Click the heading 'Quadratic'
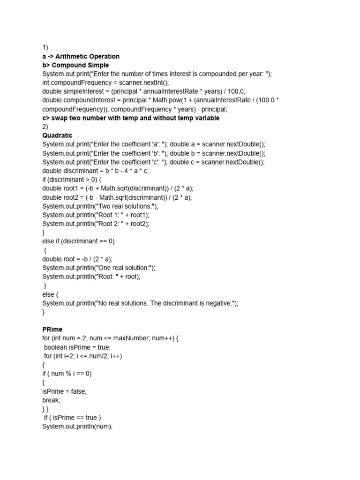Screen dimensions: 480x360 (x=57, y=135)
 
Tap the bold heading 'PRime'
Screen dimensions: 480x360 (x=52, y=330)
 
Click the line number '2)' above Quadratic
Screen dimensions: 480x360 (x=45, y=127)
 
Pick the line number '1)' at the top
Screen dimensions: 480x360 (x=45, y=47)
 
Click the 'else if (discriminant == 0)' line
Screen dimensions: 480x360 (x=78, y=241)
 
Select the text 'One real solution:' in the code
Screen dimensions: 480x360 (x=124, y=268)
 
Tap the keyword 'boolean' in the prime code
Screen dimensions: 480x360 (x=55, y=347)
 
